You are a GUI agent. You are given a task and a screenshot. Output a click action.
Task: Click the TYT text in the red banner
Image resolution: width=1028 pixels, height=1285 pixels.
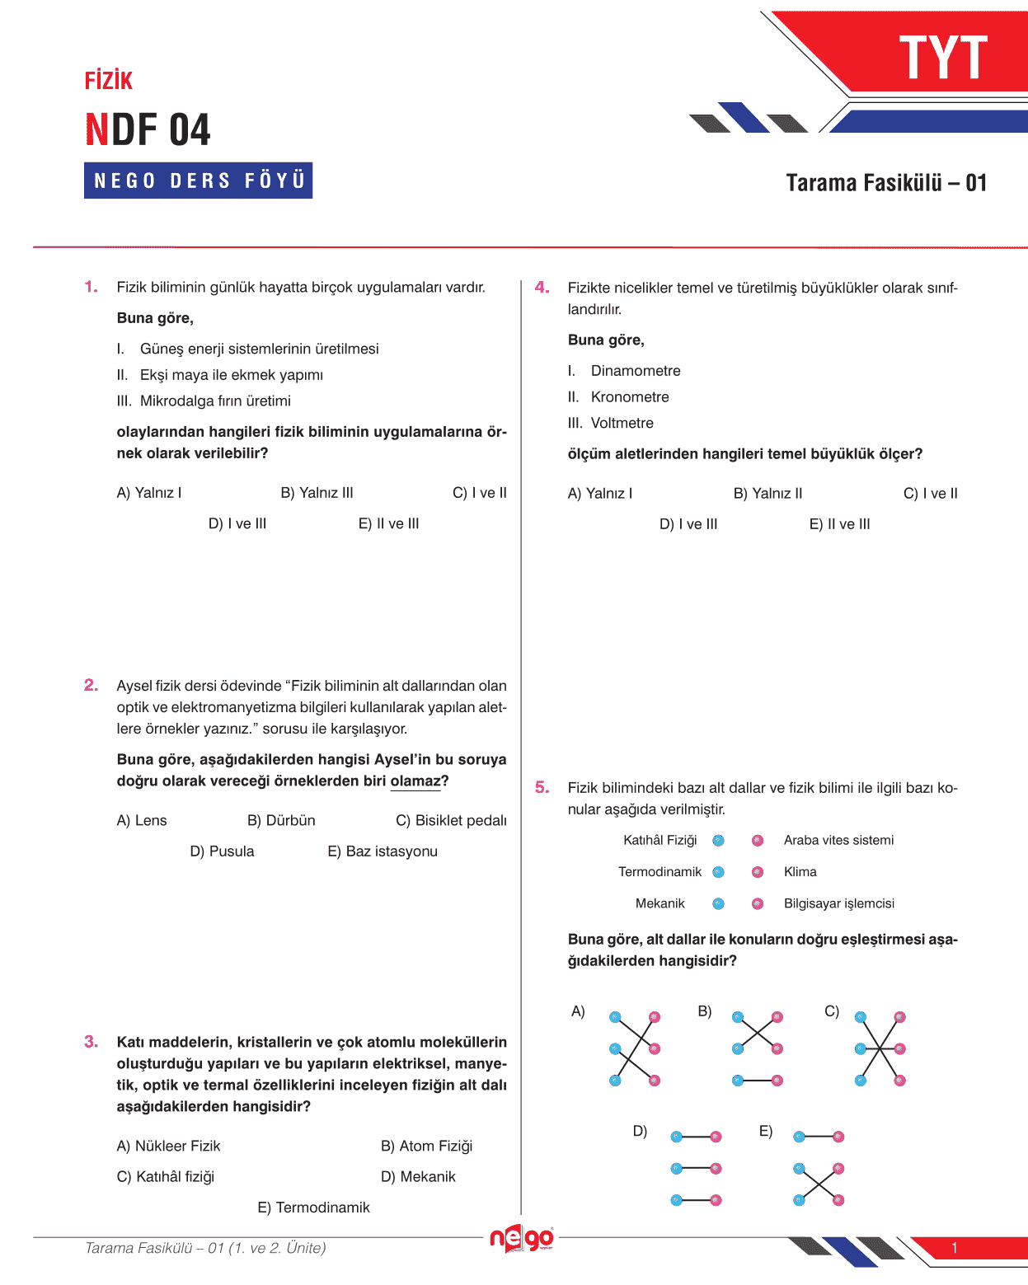(942, 58)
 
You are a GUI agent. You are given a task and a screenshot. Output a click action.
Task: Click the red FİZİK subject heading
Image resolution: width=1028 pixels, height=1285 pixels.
(109, 81)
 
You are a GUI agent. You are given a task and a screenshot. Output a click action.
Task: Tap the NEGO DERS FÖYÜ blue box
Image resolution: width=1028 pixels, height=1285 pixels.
(199, 181)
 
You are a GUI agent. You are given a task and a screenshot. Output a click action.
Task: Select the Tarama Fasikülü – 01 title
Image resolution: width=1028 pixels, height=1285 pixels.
(886, 183)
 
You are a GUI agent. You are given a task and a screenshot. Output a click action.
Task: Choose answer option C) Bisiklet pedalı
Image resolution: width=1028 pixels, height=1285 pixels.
(451, 821)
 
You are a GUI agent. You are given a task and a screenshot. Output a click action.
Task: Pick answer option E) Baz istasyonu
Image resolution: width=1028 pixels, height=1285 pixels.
(383, 851)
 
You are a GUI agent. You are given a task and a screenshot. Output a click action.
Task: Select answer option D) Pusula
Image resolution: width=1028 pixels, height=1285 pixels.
(222, 851)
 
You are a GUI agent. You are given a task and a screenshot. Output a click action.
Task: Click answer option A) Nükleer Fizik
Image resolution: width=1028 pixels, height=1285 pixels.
(169, 1147)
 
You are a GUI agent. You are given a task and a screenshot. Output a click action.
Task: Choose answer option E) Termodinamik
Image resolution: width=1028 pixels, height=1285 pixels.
(313, 1208)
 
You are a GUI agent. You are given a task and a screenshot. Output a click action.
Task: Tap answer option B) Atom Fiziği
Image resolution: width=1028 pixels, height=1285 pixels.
(426, 1147)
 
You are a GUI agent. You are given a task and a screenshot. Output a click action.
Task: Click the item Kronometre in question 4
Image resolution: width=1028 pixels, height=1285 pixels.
(630, 397)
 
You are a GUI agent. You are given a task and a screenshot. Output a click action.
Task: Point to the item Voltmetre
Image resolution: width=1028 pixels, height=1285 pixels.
(622, 424)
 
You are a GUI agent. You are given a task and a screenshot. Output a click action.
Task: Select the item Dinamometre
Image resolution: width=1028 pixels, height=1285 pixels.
(636, 371)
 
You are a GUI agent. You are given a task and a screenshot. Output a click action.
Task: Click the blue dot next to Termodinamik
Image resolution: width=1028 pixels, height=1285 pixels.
(718, 872)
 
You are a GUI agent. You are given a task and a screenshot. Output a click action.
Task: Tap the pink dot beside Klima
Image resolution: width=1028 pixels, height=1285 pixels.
(758, 872)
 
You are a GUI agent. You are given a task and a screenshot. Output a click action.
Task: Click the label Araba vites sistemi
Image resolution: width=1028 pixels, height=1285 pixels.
(838, 841)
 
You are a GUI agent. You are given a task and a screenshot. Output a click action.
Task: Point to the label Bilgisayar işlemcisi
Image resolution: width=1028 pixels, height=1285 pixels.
(838, 904)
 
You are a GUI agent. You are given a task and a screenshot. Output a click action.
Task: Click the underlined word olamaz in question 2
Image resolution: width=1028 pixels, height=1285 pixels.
(415, 781)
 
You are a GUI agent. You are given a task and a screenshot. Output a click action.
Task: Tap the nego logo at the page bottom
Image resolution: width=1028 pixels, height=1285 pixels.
(521, 1239)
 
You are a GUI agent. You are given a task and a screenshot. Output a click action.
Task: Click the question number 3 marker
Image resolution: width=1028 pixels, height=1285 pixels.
(91, 1043)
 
